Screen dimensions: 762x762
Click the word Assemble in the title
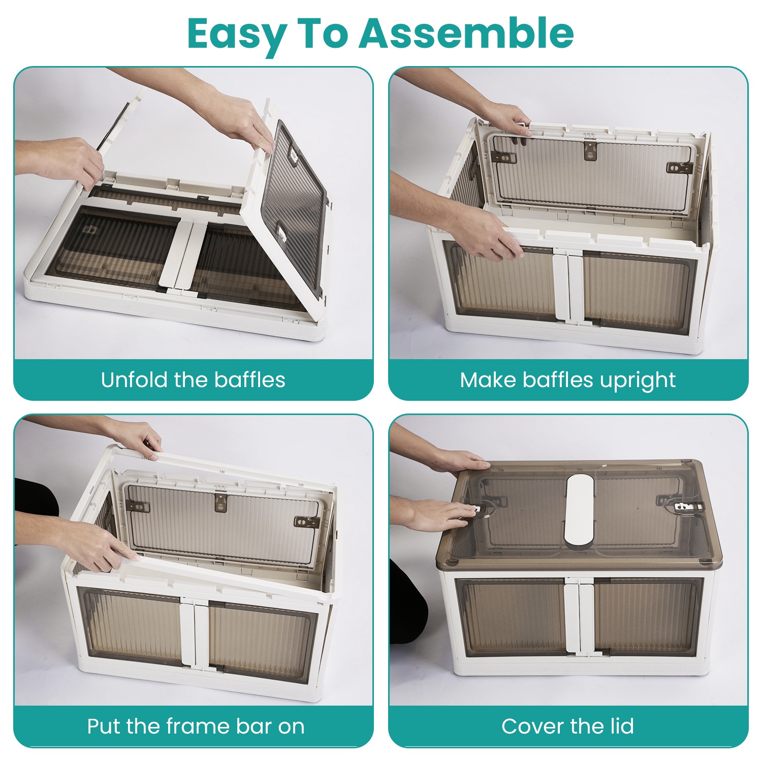467,33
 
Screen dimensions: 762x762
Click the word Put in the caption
104,726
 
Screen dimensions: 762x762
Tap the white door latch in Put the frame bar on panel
195,635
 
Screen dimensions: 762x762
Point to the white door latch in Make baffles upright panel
569,284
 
